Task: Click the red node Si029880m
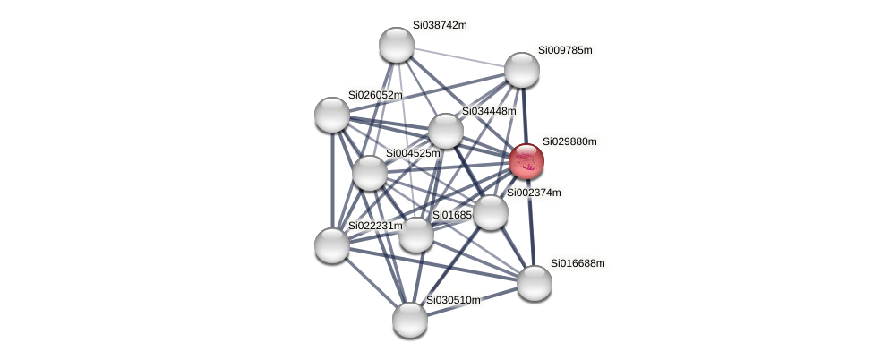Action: (526, 161)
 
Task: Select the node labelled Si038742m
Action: (397, 45)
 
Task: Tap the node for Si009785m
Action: (522, 70)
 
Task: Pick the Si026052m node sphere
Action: (332, 115)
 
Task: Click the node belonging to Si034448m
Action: (445, 131)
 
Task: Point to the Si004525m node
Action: (369, 173)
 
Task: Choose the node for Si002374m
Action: (490, 212)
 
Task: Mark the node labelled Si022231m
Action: (332, 245)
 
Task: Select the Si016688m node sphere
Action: (535, 283)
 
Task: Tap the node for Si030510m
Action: (410, 320)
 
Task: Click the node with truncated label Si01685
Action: (416, 236)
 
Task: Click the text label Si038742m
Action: (440, 25)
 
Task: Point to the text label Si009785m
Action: (565, 50)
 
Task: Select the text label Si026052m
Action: (375, 95)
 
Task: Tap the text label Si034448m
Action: (489, 111)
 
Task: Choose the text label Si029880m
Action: (569, 141)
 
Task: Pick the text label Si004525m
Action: (413, 153)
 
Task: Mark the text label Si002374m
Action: (534, 193)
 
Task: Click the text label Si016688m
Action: (578, 263)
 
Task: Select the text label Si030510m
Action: (453, 300)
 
